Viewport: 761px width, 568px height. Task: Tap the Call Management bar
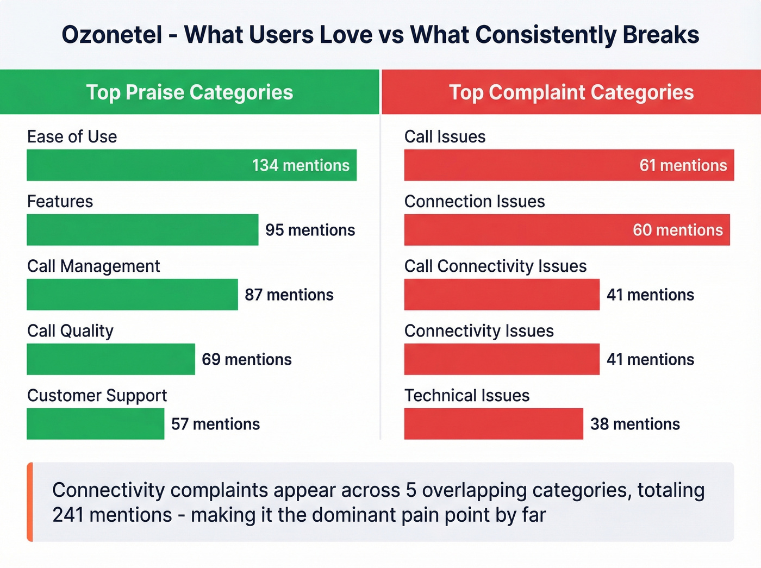[x=132, y=295]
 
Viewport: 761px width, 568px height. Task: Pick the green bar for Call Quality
[x=111, y=359]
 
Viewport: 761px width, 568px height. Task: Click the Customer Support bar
[x=95, y=424]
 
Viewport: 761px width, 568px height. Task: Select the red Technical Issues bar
[x=494, y=424]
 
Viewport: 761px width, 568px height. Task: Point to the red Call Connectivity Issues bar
[x=502, y=295]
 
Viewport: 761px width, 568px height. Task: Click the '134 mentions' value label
[x=301, y=165]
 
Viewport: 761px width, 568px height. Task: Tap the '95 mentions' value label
[x=310, y=230]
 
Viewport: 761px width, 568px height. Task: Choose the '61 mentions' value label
[x=683, y=165]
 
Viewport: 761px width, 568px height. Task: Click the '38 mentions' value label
[x=635, y=424]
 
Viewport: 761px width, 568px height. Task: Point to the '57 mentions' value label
[x=215, y=424]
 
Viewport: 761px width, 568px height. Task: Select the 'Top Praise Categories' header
[x=189, y=92]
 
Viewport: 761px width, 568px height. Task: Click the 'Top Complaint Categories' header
[x=571, y=92]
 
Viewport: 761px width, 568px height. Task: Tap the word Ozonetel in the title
[x=112, y=35]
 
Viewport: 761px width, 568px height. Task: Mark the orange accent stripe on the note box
[x=30, y=502]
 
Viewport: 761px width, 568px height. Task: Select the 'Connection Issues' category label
[x=475, y=202]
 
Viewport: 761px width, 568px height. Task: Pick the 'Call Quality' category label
[x=71, y=331]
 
